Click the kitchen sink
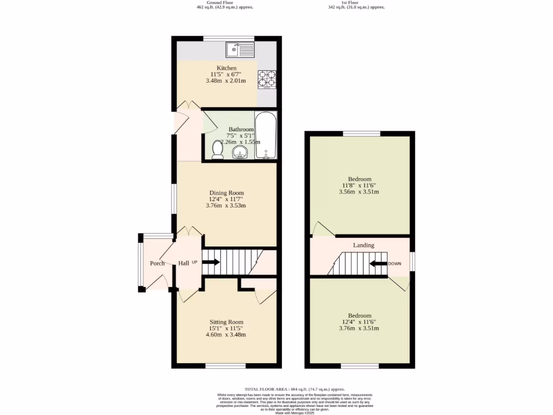tap(240, 50)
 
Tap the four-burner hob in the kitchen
tap(267, 79)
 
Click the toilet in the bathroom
tap(218, 150)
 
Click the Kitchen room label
tap(226, 68)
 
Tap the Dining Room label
tap(226, 193)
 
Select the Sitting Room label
tap(226, 322)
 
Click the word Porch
tap(157, 264)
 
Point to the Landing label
tap(363, 245)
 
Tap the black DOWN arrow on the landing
tap(379, 264)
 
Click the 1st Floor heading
tap(356, 3)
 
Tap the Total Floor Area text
tap(294, 389)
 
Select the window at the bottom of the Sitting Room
tap(226, 366)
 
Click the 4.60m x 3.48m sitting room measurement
tap(226, 334)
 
